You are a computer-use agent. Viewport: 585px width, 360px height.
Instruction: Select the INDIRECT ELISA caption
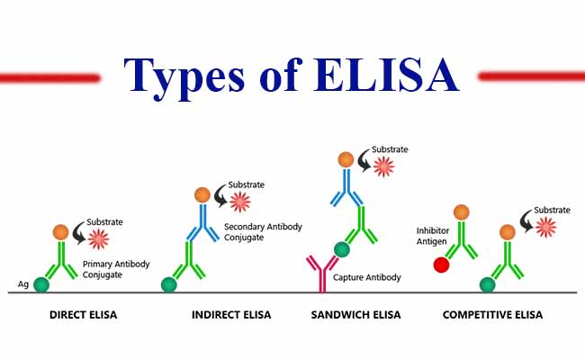(x=229, y=316)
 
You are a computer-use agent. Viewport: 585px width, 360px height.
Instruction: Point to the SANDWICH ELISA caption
(x=357, y=316)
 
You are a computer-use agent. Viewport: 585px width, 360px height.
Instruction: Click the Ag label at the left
(x=23, y=284)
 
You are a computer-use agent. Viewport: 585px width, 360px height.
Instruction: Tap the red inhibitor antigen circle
(x=440, y=265)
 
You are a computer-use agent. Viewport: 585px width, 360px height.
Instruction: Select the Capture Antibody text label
(x=366, y=277)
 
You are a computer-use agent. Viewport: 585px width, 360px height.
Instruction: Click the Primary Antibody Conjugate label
(x=116, y=269)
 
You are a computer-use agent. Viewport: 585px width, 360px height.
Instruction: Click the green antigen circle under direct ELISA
(x=41, y=284)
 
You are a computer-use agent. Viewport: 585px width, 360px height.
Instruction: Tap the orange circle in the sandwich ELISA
(x=346, y=160)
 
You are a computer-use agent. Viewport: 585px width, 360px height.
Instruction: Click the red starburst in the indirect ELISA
(x=240, y=200)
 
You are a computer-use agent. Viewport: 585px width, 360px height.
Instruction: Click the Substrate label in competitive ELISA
(x=553, y=210)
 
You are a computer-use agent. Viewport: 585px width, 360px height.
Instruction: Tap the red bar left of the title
(x=49, y=77)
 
